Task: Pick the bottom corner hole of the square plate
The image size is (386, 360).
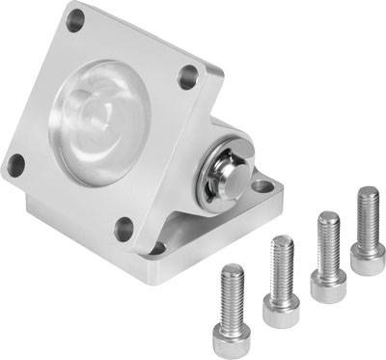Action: click(123, 229)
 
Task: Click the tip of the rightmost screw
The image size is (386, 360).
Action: click(368, 191)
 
